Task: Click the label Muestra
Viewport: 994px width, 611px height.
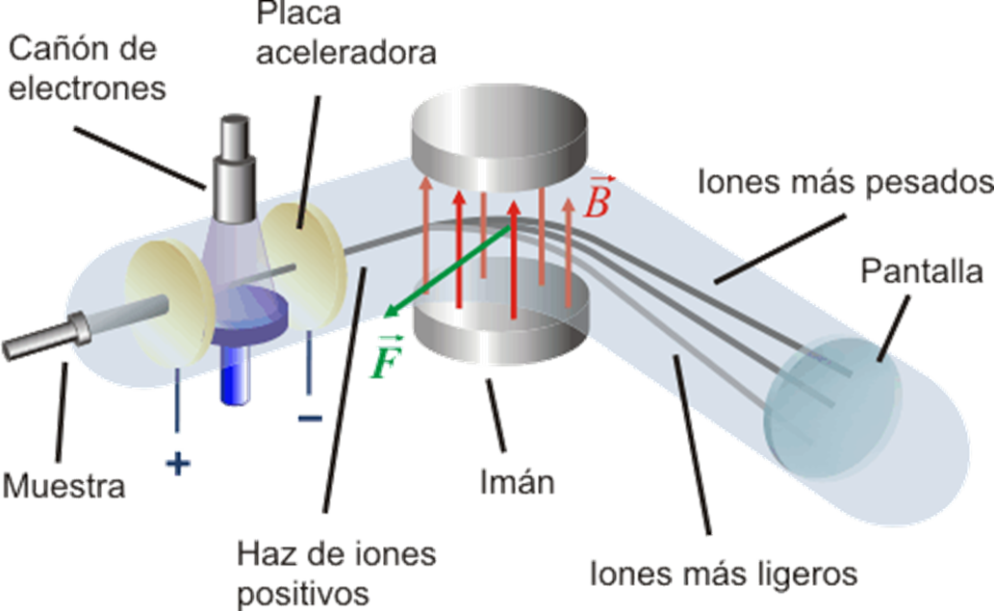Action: (x=64, y=485)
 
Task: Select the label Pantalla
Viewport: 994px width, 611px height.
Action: (x=922, y=273)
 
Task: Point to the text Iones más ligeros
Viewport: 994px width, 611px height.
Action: (x=724, y=574)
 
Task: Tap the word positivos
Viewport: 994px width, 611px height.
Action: (x=303, y=592)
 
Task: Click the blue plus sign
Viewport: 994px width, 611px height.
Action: (x=178, y=465)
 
